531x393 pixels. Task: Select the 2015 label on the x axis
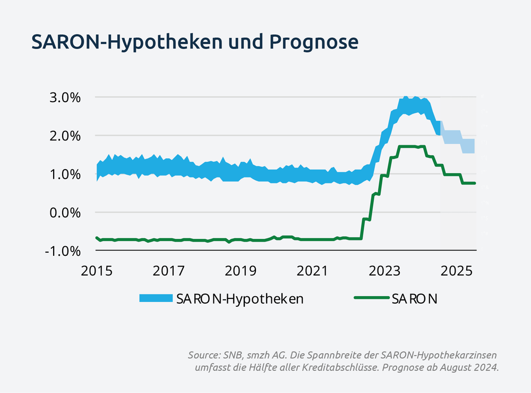(x=97, y=271)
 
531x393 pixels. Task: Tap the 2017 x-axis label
(x=169, y=271)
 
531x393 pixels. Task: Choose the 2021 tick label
(x=313, y=271)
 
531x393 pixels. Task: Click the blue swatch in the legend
(x=156, y=298)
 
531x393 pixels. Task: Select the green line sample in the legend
(x=372, y=298)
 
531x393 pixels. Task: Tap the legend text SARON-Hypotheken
(x=239, y=299)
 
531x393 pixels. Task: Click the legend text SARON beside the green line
(x=415, y=299)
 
